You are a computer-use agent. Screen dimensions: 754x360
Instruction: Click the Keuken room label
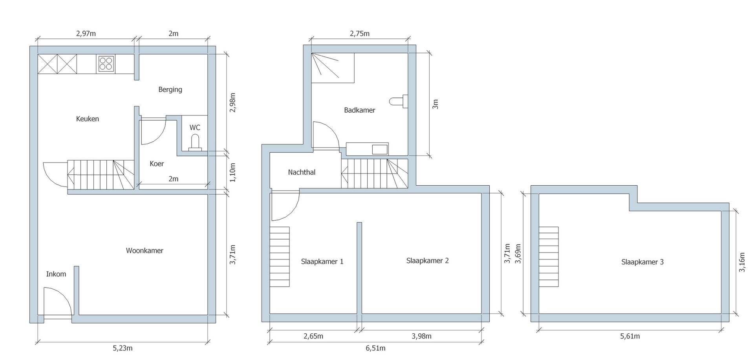pyautogui.click(x=87, y=119)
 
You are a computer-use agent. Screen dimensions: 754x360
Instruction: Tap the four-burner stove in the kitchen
pyautogui.click(x=106, y=64)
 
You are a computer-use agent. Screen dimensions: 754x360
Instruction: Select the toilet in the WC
pyautogui.click(x=195, y=143)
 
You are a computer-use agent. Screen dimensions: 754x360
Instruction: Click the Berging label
pyautogui.click(x=170, y=90)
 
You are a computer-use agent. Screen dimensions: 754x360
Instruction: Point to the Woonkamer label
pyautogui.click(x=145, y=250)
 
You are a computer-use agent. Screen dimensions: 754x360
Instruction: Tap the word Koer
pyautogui.click(x=157, y=164)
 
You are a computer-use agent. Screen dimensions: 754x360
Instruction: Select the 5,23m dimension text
pyautogui.click(x=123, y=348)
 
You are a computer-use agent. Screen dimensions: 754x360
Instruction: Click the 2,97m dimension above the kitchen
pyautogui.click(x=86, y=33)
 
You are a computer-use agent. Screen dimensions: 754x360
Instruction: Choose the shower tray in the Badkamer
pyautogui.click(x=333, y=68)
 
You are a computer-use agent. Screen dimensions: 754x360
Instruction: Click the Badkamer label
pyautogui.click(x=359, y=110)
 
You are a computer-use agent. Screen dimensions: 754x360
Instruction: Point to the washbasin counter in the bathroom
pyautogui.click(x=367, y=149)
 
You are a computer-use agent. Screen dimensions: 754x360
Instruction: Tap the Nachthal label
pyautogui.click(x=302, y=172)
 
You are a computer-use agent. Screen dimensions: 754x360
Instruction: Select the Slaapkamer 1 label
pyautogui.click(x=322, y=261)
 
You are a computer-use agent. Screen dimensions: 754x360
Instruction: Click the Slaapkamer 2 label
pyautogui.click(x=427, y=261)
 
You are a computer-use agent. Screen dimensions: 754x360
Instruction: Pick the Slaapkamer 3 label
pyautogui.click(x=642, y=262)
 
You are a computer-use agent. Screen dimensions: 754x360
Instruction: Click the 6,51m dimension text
pyautogui.click(x=375, y=348)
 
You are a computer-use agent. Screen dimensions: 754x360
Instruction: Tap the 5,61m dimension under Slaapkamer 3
pyautogui.click(x=630, y=336)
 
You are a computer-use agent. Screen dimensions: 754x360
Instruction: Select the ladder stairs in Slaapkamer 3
pyautogui.click(x=549, y=257)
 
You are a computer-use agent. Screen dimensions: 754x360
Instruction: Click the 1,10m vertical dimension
pyautogui.click(x=233, y=172)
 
